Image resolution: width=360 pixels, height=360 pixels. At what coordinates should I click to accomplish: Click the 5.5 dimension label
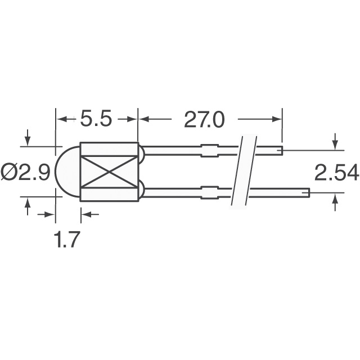(x=96, y=119)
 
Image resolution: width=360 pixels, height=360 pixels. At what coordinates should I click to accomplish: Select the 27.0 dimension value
(x=204, y=119)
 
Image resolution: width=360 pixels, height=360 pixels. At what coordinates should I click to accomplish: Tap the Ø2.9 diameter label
(x=26, y=172)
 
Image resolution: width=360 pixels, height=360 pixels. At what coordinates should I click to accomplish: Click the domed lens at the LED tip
(x=67, y=172)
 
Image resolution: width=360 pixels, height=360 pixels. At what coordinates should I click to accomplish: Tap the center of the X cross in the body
(x=109, y=172)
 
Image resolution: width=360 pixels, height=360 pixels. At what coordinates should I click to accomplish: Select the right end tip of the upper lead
(x=281, y=150)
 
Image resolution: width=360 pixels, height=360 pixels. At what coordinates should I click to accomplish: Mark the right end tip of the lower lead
(x=308, y=193)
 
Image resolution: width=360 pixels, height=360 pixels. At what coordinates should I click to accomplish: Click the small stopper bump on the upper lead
(x=209, y=150)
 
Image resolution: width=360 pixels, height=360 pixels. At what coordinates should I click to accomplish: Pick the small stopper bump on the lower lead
(x=209, y=193)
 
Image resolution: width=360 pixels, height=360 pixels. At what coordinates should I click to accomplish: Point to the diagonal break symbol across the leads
(x=242, y=172)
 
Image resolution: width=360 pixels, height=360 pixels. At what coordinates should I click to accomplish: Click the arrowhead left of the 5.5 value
(x=61, y=119)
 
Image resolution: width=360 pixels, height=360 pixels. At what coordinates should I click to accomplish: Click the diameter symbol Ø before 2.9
(x=10, y=172)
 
